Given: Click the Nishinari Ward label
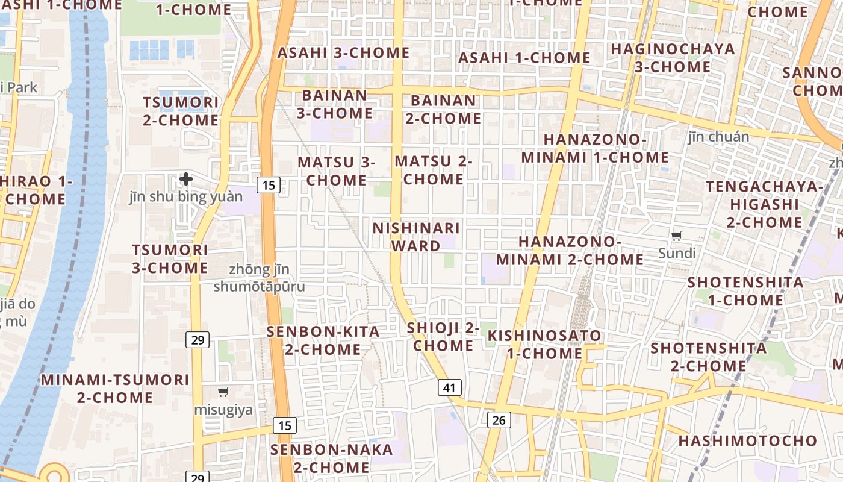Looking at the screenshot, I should [x=416, y=237].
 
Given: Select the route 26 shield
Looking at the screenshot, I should [x=499, y=419].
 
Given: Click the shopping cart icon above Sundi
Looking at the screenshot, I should [x=677, y=236].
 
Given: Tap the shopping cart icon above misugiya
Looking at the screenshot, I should [x=223, y=392].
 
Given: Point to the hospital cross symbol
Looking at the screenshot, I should [x=186, y=179].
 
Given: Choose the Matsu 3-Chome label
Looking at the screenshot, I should [x=336, y=171].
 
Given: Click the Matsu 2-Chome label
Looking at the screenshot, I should [x=433, y=170].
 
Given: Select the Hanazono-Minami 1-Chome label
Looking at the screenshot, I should [x=595, y=148].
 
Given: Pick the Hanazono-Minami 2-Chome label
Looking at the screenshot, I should [x=581, y=251].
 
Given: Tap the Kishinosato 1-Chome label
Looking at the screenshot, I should [x=544, y=344].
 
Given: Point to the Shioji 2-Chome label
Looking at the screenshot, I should [x=443, y=337].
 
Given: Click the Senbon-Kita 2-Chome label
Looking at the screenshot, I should [x=323, y=340].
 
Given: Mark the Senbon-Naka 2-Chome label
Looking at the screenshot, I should [x=331, y=459].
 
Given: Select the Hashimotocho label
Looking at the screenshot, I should [x=748, y=440].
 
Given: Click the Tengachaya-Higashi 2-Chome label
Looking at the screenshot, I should [x=764, y=204].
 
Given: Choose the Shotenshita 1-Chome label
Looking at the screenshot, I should [x=745, y=291].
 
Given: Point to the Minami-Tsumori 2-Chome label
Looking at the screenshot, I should [x=114, y=389].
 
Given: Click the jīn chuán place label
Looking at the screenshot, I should [x=719, y=137].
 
